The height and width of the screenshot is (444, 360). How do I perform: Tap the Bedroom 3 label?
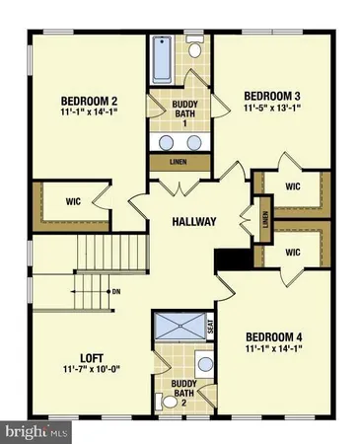point(271,96)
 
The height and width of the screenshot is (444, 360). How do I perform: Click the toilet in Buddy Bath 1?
point(195,48)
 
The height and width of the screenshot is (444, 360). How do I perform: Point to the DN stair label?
point(115,292)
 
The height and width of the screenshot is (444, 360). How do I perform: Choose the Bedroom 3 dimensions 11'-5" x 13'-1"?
point(271,109)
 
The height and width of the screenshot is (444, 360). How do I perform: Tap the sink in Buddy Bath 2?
point(202,366)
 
